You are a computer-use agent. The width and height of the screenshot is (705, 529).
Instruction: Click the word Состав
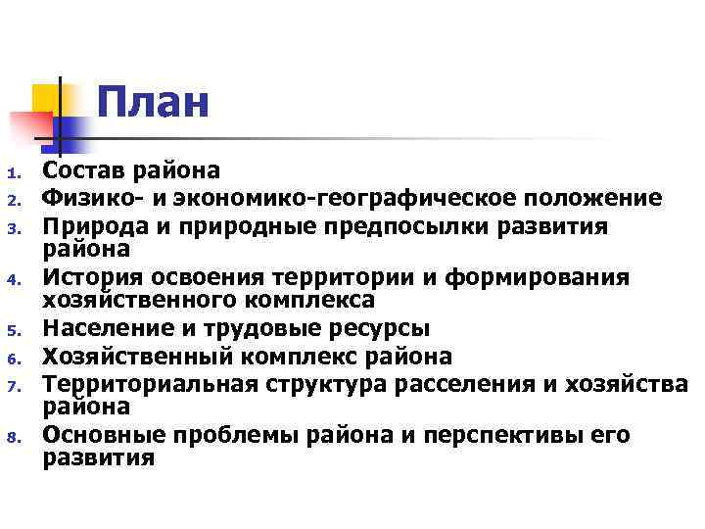[x=85, y=171]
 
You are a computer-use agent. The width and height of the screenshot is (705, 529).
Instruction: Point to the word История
[x=88, y=279]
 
